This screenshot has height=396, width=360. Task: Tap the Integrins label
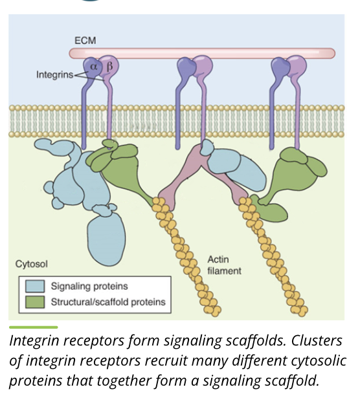pos(54,75)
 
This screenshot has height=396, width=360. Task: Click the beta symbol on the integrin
pos(109,65)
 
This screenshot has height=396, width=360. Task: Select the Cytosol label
pos(31,264)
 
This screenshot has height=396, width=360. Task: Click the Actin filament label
pos(223,265)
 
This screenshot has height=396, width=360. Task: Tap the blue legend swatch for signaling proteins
pos(34,286)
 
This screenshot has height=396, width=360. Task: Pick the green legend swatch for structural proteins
pos(34,302)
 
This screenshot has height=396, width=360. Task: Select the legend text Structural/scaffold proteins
pos(108,302)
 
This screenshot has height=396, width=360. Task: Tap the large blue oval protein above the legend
pos(106,239)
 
